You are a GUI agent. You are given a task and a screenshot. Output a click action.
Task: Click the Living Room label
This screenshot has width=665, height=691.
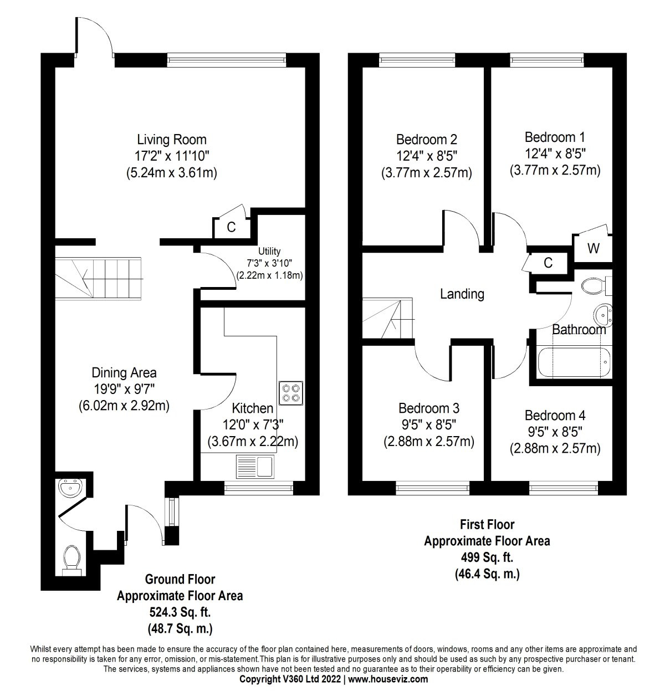[172, 140]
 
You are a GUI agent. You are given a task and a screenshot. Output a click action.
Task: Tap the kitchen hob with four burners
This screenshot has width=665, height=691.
[291, 393]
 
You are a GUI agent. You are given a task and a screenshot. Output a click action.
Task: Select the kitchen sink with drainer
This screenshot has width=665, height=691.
[255, 467]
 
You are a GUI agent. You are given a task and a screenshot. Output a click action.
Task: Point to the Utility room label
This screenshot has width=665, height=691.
[269, 251]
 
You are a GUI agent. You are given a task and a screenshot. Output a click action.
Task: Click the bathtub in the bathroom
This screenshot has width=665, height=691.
[575, 362]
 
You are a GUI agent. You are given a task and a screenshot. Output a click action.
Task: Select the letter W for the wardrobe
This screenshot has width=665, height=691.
[594, 248]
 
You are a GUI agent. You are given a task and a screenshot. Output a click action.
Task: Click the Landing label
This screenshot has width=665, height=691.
[462, 294]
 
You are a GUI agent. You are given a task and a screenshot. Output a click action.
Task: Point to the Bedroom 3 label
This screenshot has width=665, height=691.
[429, 408]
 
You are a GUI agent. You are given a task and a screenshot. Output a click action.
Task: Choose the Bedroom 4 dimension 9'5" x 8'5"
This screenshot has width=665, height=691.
[555, 432]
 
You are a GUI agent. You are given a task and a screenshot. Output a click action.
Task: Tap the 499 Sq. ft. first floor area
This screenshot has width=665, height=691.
[487, 557]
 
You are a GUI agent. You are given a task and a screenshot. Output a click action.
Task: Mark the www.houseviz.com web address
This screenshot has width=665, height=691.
[388, 679]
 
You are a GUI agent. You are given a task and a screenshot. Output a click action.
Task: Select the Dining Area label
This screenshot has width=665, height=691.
[124, 372]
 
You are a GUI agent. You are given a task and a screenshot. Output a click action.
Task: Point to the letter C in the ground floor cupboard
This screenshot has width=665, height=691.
[231, 227]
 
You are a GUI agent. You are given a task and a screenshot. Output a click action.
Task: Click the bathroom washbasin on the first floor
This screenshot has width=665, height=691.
[603, 314]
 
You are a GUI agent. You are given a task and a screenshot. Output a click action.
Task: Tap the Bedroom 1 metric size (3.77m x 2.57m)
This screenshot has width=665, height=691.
[555, 171]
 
